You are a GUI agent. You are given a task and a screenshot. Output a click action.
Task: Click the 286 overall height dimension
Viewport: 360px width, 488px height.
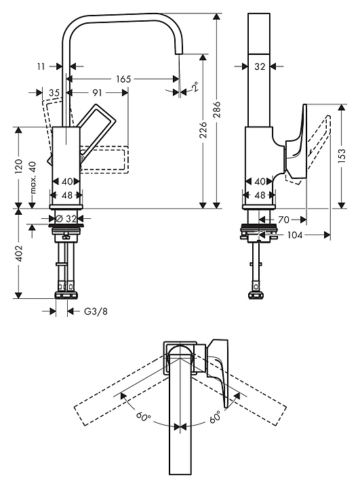pos(217,109)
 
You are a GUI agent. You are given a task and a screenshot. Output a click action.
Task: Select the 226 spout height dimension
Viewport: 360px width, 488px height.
pos(203,129)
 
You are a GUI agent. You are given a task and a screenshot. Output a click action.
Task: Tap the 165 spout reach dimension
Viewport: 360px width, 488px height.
pos(123,79)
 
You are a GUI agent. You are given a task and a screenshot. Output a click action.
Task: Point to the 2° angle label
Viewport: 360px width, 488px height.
pos(195,87)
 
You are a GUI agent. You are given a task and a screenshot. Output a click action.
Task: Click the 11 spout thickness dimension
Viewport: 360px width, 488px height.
pos(41,66)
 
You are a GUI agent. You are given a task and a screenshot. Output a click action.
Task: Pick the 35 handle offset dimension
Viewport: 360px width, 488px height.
pos(54,93)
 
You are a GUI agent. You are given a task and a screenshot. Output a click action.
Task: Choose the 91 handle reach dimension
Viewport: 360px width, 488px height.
pos(97,93)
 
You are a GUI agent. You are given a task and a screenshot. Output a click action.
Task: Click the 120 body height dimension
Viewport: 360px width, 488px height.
pos(19,167)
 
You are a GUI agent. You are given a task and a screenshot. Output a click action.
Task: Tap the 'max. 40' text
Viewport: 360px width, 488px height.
pos(33,177)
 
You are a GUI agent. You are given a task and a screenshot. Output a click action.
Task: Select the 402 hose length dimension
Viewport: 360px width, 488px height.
pos(19,253)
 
